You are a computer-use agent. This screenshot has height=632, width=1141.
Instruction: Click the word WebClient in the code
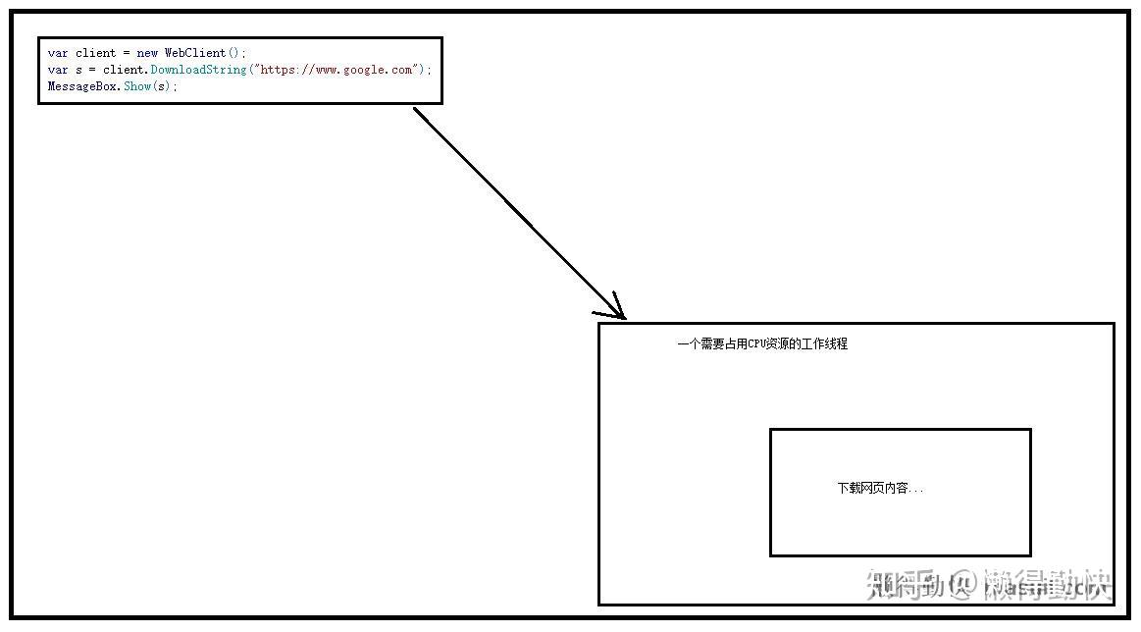tap(194, 53)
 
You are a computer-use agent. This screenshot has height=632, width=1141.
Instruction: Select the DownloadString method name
tap(198, 70)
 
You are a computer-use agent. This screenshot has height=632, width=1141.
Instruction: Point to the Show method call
tap(137, 86)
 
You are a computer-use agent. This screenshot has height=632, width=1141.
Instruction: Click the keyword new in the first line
tap(147, 53)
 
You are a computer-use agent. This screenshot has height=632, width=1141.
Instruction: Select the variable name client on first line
tap(95, 53)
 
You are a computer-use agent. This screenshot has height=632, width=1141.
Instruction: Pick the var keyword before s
tap(58, 70)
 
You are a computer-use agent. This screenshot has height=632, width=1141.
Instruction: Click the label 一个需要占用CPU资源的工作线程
tap(762, 344)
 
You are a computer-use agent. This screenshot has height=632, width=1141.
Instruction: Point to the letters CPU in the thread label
tap(759, 344)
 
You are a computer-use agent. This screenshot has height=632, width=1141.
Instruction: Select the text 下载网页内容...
tap(873, 488)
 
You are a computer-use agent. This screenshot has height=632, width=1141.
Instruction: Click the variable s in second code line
tap(78, 70)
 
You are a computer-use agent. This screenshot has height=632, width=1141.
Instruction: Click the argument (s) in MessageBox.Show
tap(163, 86)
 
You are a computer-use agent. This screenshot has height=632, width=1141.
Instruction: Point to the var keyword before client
tap(58, 53)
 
